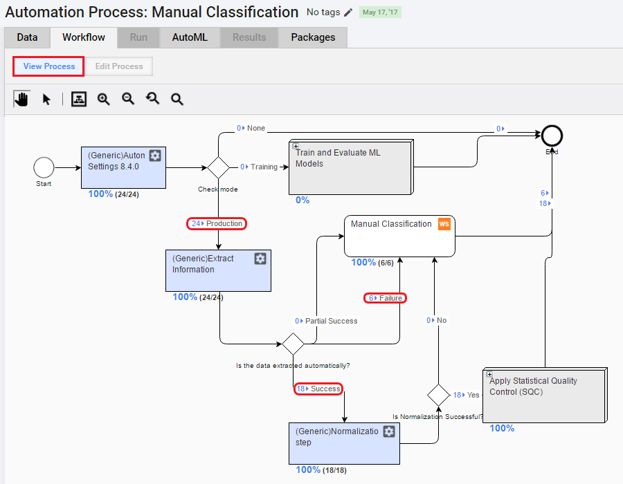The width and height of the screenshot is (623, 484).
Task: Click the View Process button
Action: pyautogui.click(x=48, y=66)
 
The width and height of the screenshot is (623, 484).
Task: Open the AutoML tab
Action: pyautogui.click(x=190, y=37)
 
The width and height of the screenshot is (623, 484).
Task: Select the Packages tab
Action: pyautogui.click(x=313, y=37)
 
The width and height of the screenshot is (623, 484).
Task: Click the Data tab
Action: pyautogui.click(x=27, y=37)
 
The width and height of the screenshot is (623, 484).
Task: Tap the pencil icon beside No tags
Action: pyautogui.click(x=348, y=12)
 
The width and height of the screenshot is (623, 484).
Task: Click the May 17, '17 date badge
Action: pyautogui.click(x=380, y=12)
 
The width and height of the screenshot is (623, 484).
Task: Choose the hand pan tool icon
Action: pyautogui.click(x=22, y=99)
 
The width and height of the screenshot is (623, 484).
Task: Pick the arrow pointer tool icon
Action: pyautogui.click(x=46, y=99)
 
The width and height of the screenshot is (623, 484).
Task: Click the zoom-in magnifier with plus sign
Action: pyautogui.click(x=104, y=99)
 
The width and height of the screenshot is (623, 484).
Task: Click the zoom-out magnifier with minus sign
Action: pyautogui.click(x=128, y=99)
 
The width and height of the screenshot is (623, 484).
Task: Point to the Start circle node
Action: pyautogui.click(x=44, y=167)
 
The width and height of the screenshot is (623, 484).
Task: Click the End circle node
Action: pyautogui.click(x=552, y=136)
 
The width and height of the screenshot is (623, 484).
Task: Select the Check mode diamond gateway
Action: pyautogui.click(x=218, y=167)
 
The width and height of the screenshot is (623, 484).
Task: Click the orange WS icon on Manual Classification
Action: pyautogui.click(x=444, y=224)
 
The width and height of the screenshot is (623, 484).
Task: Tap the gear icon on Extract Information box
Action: pyautogui.click(x=260, y=259)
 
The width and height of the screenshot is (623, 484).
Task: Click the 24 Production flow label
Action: pyautogui.click(x=217, y=224)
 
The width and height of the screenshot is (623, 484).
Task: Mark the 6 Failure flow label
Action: pyautogui.click(x=385, y=298)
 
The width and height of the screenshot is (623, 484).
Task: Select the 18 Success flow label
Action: pyautogui.click(x=318, y=389)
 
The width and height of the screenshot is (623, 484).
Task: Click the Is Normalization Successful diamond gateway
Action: pyautogui.click(x=438, y=395)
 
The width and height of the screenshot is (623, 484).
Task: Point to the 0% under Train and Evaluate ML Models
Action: pyautogui.click(x=303, y=201)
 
